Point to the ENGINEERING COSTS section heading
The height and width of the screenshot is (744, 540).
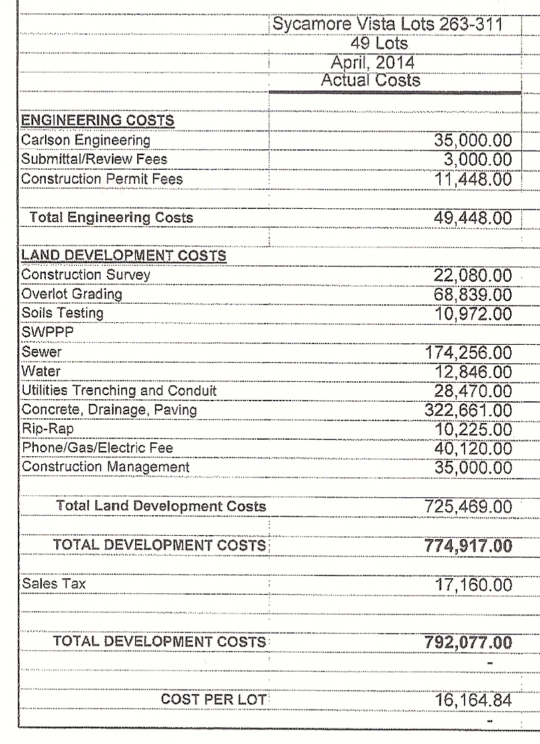coord(97,121)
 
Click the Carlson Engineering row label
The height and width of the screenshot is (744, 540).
coord(85,141)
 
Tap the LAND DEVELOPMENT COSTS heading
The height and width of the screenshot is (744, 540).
coord(124,255)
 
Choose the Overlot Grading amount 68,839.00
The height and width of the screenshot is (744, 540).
coord(472,292)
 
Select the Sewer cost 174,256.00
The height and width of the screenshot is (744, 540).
coord(468,352)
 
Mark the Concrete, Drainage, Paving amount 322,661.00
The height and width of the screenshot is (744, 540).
coord(468,410)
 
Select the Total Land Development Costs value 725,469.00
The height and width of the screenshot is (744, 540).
coord(468,507)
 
